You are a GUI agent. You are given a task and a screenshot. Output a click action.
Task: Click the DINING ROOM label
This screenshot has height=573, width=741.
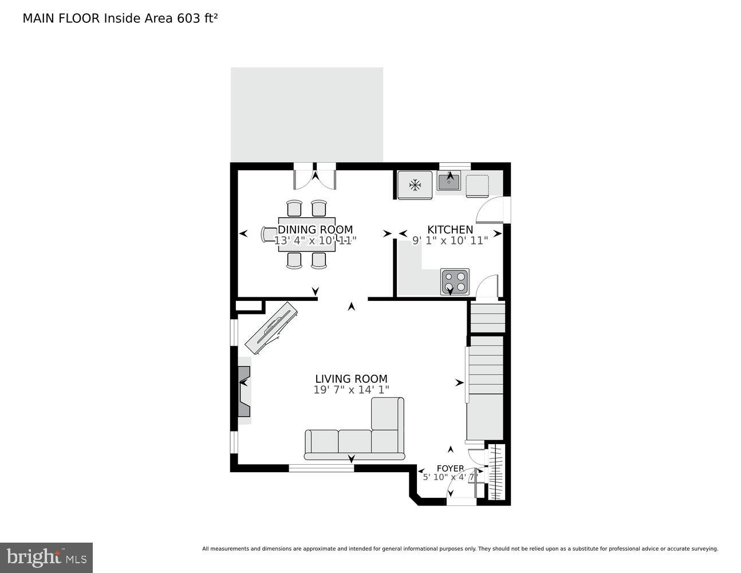tap(315, 230)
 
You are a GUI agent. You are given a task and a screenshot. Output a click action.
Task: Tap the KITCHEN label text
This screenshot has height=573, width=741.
tap(450, 230)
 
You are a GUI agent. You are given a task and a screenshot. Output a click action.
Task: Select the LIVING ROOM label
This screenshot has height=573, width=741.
tap(351, 379)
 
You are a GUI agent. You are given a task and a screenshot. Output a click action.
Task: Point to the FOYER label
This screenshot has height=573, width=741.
tap(450, 468)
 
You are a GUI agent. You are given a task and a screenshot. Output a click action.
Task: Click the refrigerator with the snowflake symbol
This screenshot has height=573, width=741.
tap(415, 185)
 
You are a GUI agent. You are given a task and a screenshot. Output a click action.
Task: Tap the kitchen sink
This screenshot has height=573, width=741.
tap(450, 182)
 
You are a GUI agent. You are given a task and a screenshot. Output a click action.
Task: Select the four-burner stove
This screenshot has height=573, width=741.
tap(455, 281)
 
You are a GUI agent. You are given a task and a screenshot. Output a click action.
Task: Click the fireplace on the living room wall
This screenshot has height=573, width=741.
tap(244, 390)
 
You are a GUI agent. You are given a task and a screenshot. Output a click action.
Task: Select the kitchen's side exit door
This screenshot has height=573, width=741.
tap(491, 210)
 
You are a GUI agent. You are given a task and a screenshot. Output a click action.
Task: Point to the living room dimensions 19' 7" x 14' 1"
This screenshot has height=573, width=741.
tap(351, 390)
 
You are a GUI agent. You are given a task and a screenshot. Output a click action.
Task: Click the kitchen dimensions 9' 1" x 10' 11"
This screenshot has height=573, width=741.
tap(450, 241)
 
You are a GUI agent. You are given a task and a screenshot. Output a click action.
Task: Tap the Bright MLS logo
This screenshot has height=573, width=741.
tap(46, 557)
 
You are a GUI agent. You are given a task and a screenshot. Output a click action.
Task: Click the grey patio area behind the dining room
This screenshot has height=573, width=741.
tap(307, 115)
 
